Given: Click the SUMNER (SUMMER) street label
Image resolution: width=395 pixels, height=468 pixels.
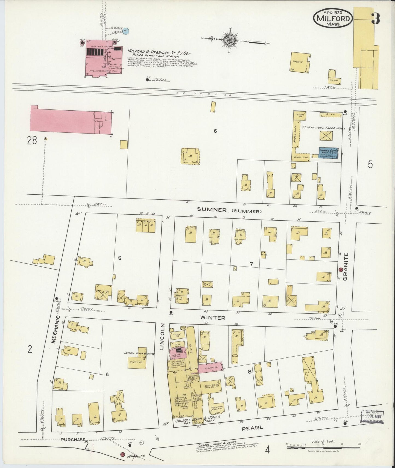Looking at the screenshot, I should (x=229, y=211).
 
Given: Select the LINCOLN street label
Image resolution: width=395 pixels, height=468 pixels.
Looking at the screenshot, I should (x=162, y=337).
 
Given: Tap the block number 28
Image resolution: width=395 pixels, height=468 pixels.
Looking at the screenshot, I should (x=32, y=141).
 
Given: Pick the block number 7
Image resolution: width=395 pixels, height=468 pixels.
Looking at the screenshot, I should (x=251, y=264).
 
